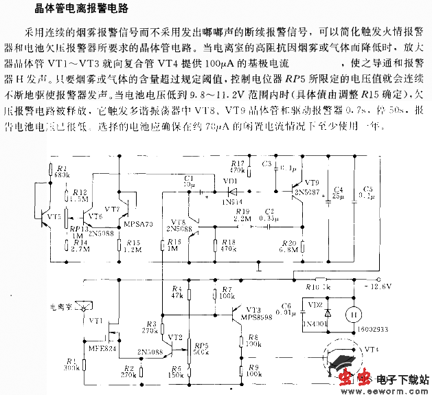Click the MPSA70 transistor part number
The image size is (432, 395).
click(137, 224)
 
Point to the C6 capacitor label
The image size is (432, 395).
click(286, 306)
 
